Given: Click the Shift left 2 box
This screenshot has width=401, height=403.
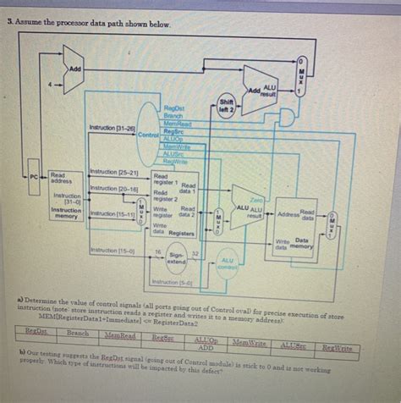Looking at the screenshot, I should click(x=227, y=108).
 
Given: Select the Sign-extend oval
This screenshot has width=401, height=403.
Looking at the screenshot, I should click(x=176, y=257).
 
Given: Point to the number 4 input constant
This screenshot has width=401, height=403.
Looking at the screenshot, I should click(x=51, y=83).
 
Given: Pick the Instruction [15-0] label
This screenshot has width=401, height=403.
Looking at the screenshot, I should click(x=108, y=251).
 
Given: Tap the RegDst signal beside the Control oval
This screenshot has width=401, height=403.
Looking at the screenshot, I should click(x=174, y=108).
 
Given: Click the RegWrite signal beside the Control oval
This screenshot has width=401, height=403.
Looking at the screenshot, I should click(x=174, y=160).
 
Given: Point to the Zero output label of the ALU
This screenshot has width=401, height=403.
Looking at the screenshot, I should click(x=257, y=200).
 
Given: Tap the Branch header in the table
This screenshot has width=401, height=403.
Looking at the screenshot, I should click(x=77, y=334).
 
